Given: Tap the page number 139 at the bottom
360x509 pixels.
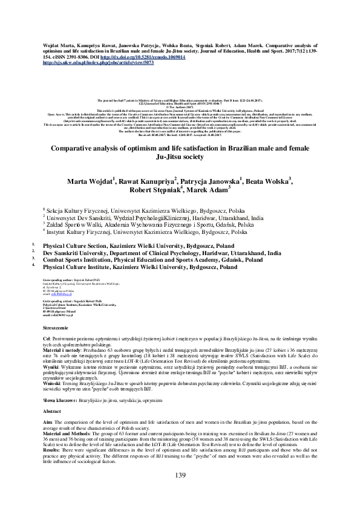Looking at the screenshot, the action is point(180,491).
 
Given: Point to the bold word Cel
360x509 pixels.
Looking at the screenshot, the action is point(46,339).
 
